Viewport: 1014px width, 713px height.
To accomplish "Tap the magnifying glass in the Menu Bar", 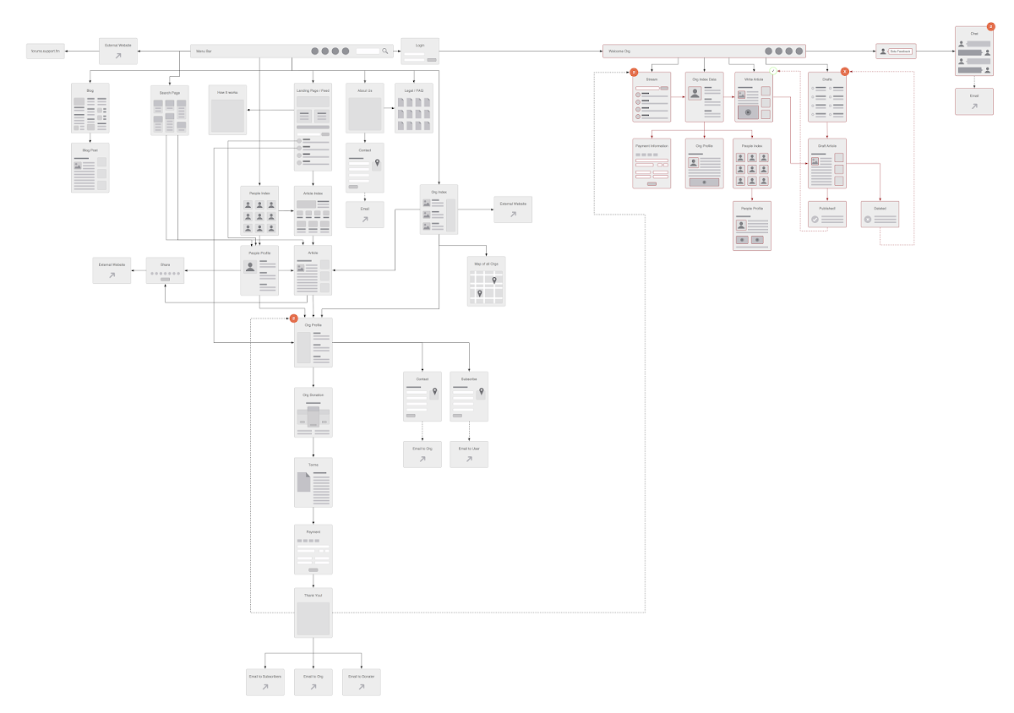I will point(385,52).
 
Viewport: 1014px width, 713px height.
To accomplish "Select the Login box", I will point(420,52).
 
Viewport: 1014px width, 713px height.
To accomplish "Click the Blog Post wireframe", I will point(90,167).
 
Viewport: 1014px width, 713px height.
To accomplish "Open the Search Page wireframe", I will point(170,110).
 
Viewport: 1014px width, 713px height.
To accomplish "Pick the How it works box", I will point(227,110).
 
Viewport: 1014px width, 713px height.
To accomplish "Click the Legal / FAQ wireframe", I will point(413,108).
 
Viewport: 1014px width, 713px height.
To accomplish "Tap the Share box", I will point(165,270).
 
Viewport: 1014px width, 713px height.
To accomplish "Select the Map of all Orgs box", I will point(486,280).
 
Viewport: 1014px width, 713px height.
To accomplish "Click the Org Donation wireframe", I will point(313,412).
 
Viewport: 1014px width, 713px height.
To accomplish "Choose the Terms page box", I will point(313,482).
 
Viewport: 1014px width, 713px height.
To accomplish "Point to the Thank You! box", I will point(313,613).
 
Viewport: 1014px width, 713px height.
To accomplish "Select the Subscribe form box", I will point(468,397).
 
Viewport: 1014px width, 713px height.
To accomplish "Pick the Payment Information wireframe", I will point(651,163).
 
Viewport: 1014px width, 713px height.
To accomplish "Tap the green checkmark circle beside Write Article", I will point(772,71).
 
